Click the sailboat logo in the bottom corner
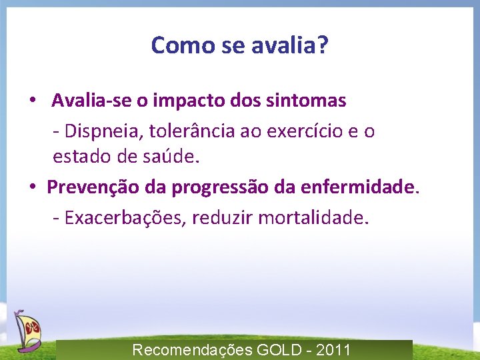coord(27,330)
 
